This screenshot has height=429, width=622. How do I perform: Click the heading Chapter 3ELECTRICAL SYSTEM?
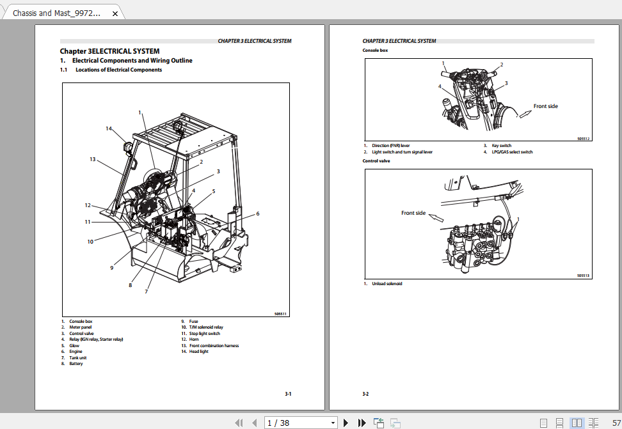(x=109, y=51)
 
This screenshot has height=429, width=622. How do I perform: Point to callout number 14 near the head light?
(x=109, y=129)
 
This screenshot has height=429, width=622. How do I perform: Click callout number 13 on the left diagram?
(x=92, y=159)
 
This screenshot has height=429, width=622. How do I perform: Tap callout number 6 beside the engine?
(x=258, y=213)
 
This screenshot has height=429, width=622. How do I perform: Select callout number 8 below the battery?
(x=130, y=285)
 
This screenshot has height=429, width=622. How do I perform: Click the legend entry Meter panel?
(x=81, y=327)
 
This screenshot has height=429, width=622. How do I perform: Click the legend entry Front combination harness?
(x=214, y=345)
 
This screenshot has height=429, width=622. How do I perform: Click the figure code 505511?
(x=280, y=314)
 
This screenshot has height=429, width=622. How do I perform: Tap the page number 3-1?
(x=288, y=394)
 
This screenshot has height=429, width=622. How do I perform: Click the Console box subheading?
(x=375, y=50)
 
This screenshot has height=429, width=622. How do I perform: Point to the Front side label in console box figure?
(x=546, y=106)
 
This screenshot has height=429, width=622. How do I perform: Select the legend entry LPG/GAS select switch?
(x=512, y=152)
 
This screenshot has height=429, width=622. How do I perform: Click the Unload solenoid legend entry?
(x=387, y=283)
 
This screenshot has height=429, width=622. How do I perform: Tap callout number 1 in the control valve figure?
(x=518, y=219)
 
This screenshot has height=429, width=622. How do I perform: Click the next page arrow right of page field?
(x=346, y=423)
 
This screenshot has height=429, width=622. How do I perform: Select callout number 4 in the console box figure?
(x=440, y=86)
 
